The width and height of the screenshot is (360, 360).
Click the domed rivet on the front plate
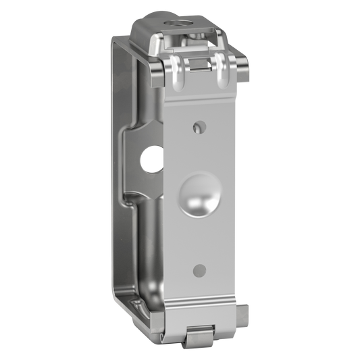[201, 197]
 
